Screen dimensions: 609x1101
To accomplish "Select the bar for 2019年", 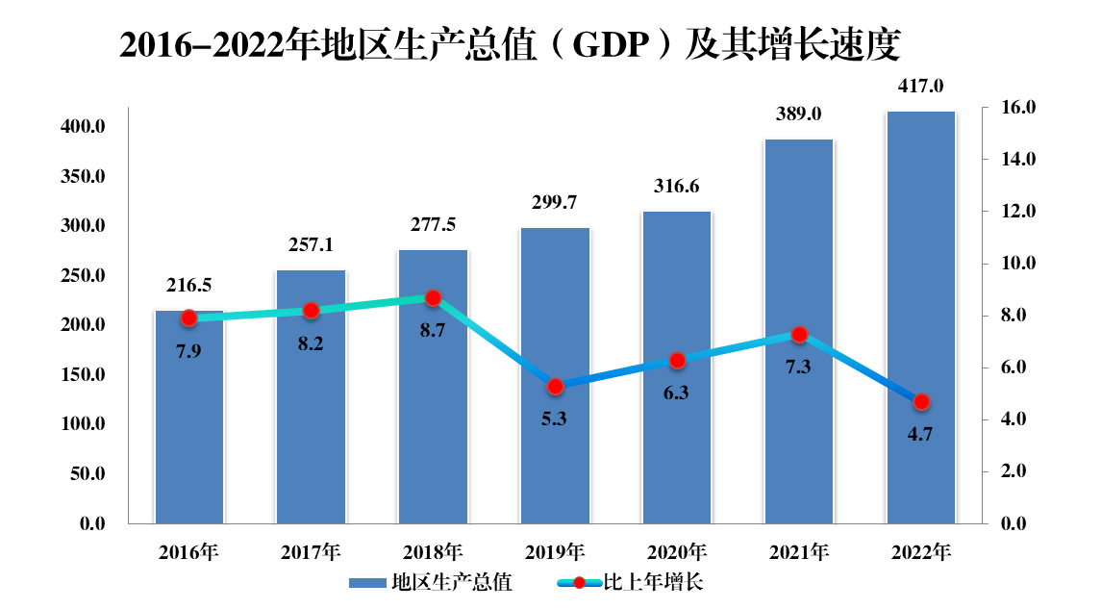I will (555, 452).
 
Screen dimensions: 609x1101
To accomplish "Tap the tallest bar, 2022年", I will (920, 289).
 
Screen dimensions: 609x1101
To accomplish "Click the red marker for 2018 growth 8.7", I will (433, 298).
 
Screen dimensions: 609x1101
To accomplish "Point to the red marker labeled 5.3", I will (555, 386).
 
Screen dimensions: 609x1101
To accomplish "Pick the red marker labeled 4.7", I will (921, 401).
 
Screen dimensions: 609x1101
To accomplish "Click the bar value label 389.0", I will (798, 114).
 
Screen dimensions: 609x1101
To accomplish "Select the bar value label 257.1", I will (311, 245).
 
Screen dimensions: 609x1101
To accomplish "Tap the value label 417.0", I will (920, 87).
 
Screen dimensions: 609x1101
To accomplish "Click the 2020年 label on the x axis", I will (676, 552).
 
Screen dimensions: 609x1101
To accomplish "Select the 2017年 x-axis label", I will (311, 552).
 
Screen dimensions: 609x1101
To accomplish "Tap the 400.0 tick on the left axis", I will (82, 127).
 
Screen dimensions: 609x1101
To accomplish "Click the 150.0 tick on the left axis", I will (82, 374).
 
